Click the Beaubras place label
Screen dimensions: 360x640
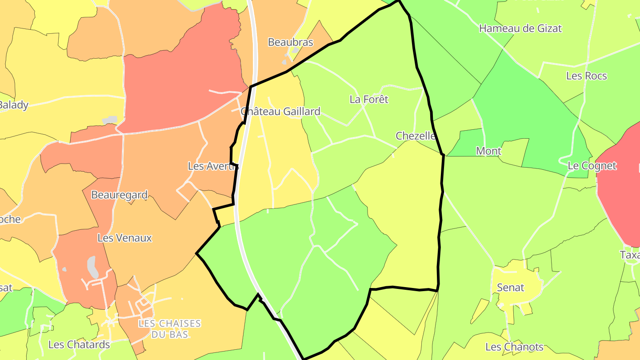[290, 43]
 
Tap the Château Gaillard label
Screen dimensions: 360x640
[280, 112]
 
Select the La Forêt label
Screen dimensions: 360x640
[369, 100]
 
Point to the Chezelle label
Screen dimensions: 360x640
[416, 136]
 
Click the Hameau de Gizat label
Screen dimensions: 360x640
[520, 28]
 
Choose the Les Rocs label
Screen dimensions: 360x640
[586, 76]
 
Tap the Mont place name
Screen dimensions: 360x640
[488, 151]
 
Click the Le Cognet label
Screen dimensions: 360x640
[592, 166]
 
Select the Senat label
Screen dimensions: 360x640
[511, 288]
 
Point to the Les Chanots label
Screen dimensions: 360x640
[514, 347]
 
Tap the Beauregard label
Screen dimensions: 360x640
[119, 195]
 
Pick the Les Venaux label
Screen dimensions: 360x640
[124, 238]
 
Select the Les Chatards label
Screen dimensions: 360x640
[79, 345]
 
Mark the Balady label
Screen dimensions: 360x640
[13, 105]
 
